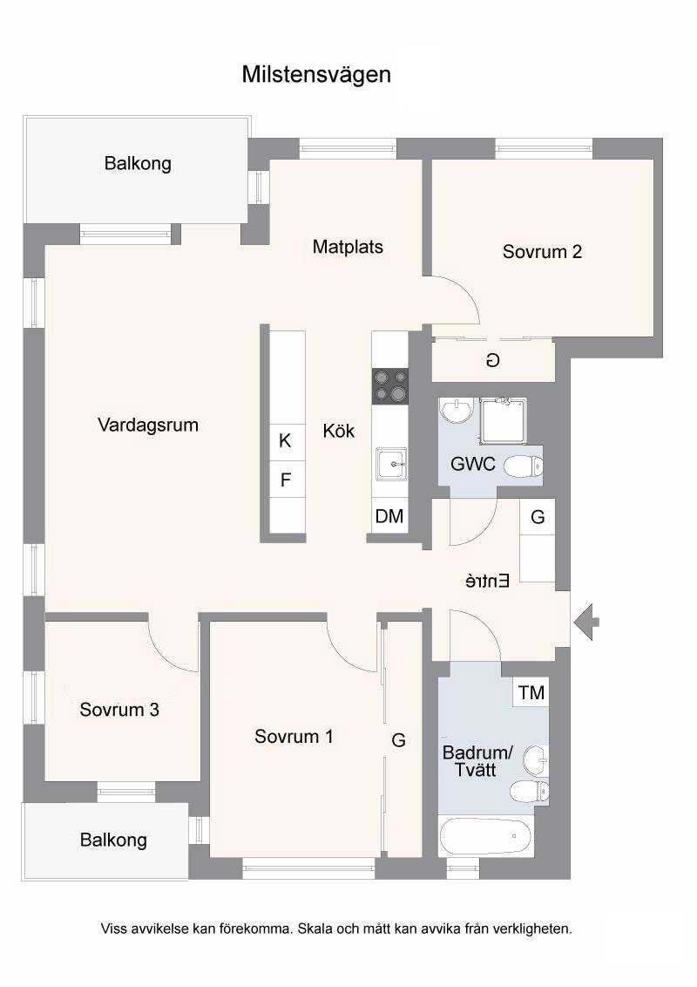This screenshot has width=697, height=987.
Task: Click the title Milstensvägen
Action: click(x=316, y=75)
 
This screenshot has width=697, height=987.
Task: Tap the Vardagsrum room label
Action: click(x=148, y=425)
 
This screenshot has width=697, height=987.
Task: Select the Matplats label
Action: click(x=348, y=247)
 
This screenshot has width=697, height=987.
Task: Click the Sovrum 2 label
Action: click(x=542, y=252)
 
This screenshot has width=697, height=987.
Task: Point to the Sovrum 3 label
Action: click(x=119, y=710)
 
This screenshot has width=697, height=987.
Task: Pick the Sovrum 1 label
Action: click(x=294, y=737)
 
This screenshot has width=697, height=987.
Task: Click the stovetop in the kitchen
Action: click(x=390, y=386)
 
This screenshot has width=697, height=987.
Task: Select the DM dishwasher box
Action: click(x=389, y=516)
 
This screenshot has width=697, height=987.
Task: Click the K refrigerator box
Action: click(x=285, y=440)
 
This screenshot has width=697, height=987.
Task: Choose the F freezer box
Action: click(x=286, y=480)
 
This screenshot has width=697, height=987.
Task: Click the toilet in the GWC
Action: click(x=524, y=466)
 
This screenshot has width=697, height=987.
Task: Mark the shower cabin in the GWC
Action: click(x=504, y=420)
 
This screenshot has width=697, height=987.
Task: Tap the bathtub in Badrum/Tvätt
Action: click(x=486, y=836)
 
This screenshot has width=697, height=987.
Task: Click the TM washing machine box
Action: click(x=531, y=692)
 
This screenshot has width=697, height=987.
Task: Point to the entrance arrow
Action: click(x=586, y=623)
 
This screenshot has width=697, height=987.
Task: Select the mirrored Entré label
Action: click(x=488, y=581)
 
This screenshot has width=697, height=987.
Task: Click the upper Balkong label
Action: click(x=138, y=164)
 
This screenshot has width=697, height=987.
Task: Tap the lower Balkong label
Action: click(x=113, y=840)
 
